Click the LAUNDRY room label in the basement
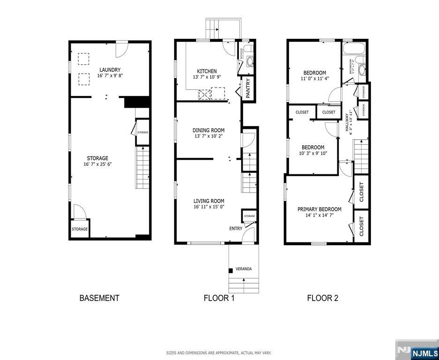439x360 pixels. pyautogui.click(x=109, y=70)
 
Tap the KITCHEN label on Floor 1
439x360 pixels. pyautogui.click(x=207, y=71)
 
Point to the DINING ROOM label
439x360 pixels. pyautogui.click(x=208, y=130)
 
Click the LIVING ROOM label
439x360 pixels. pyautogui.click(x=209, y=201)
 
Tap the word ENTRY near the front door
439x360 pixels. pyautogui.click(x=236, y=229)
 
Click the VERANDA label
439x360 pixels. pyautogui.click(x=244, y=269)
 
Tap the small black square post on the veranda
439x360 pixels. pyautogui.click(x=231, y=270)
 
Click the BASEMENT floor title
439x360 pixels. pyautogui.click(x=99, y=298)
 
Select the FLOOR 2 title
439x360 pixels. pyautogui.click(x=322, y=298)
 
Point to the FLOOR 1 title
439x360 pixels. pyautogui.click(x=219, y=298)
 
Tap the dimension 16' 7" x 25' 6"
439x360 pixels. pyautogui.click(x=97, y=165)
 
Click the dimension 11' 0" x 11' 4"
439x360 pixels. pyautogui.click(x=315, y=79)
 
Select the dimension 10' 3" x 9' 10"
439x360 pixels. pyautogui.click(x=313, y=153)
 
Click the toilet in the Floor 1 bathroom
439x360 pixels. pyautogui.click(x=248, y=48)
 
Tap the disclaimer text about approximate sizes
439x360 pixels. pyautogui.click(x=219, y=353)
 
